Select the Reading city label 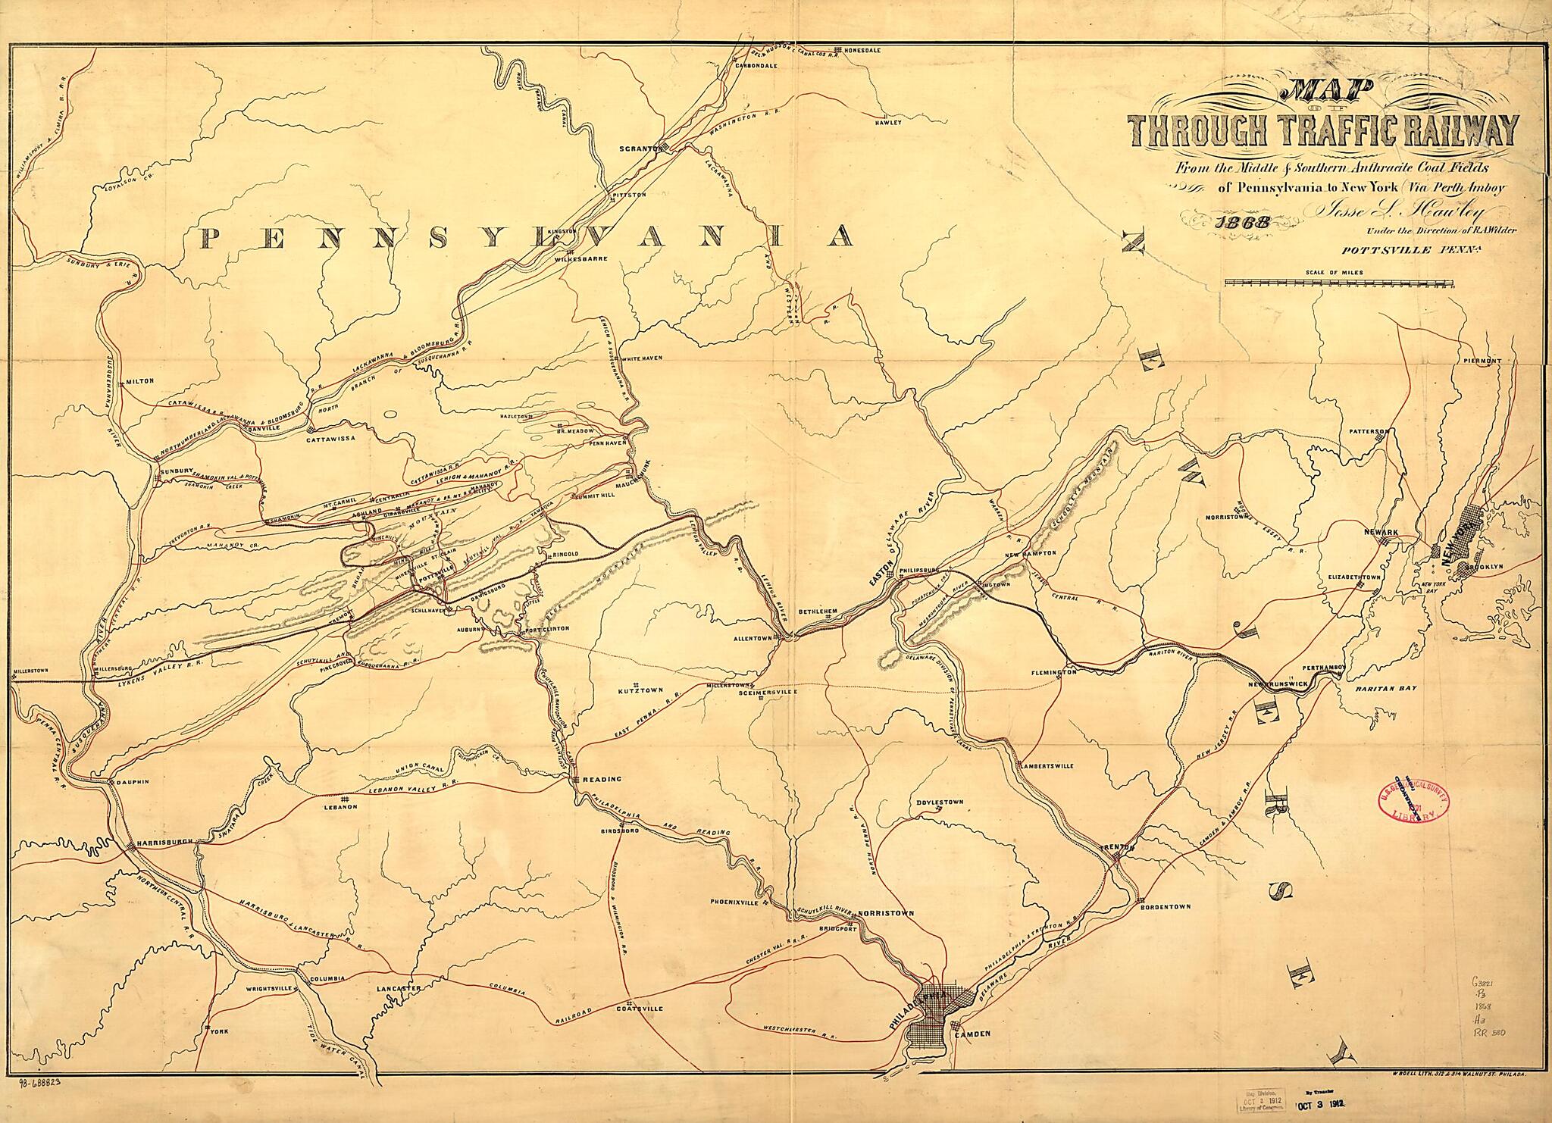602,779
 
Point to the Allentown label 752,639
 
